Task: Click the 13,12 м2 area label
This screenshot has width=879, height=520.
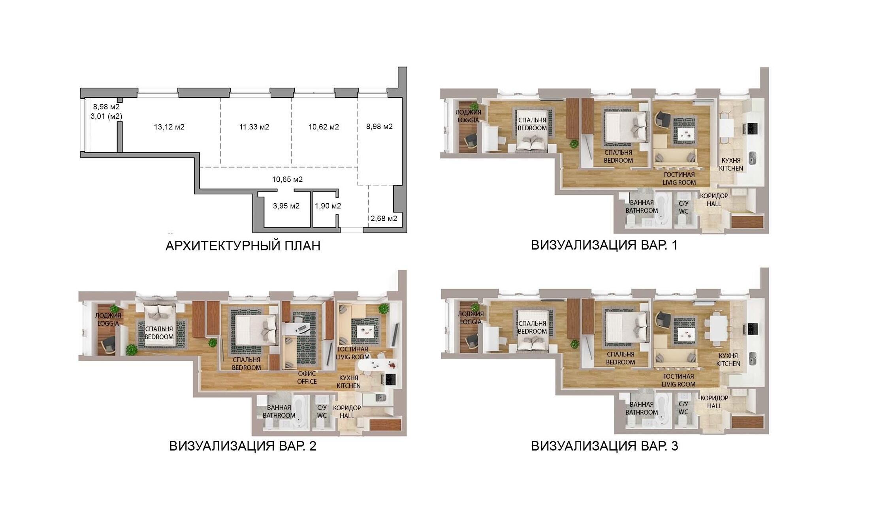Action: click(169, 127)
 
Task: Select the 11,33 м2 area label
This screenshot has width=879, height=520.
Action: click(254, 127)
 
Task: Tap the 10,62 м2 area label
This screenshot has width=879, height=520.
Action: click(324, 127)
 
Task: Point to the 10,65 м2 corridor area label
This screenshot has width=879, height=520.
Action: click(287, 179)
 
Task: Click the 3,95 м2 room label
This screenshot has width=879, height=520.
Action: click(286, 206)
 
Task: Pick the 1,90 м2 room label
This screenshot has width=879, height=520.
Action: click(328, 206)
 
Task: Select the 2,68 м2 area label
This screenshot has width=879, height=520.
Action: click(384, 218)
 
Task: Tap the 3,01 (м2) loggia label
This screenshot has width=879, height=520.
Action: click(106, 116)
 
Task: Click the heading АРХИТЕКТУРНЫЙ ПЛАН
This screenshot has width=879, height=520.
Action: click(243, 246)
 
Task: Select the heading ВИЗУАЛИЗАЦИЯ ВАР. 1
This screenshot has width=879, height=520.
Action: click(604, 245)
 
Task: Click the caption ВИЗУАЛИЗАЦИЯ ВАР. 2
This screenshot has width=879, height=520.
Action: click(243, 446)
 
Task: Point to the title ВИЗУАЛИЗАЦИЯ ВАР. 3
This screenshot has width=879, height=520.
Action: click(604, 446)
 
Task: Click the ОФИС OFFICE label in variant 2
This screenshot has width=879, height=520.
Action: click(307, 377)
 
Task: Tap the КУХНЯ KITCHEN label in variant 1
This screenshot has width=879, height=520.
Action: click(731, 164)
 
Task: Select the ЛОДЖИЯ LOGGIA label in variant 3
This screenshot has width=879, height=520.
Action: click(471, 318)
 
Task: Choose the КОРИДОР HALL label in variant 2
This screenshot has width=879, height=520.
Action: click(347, 412)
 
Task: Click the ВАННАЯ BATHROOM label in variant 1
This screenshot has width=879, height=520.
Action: click(642, 206)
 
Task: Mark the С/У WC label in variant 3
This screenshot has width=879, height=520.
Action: click(683, 408)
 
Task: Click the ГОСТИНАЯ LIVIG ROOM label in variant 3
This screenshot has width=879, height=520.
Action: click(678, 380)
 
